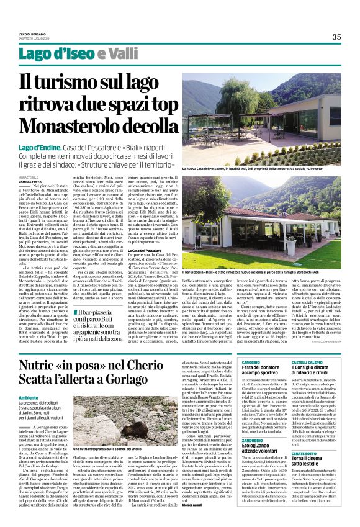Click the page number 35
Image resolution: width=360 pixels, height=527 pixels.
[336, 37]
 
